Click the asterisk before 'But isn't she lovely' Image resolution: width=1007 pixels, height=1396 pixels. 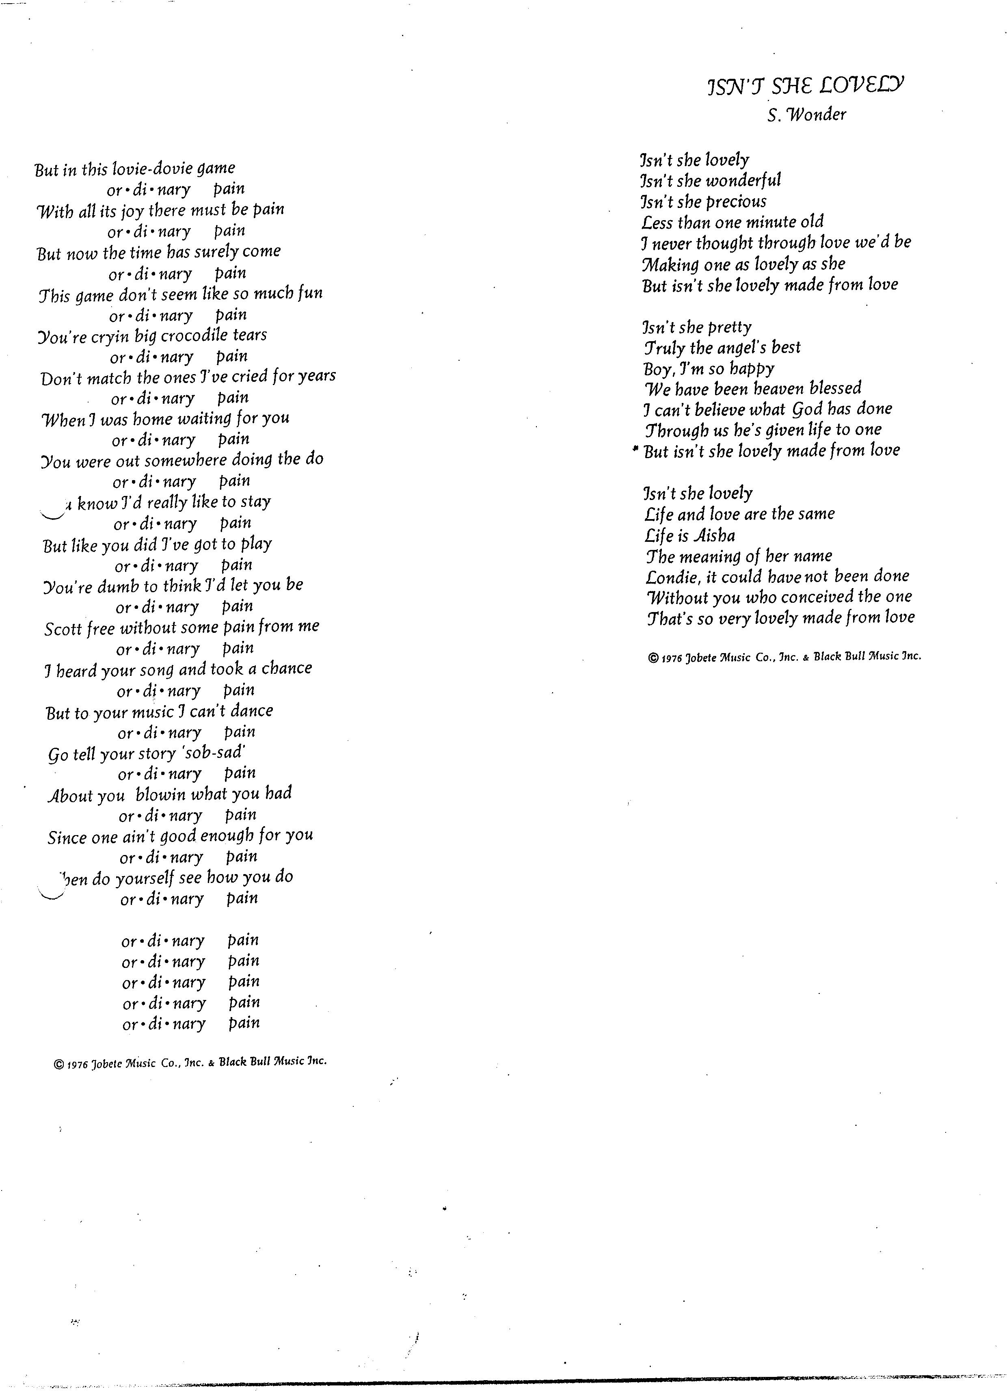point(635,450)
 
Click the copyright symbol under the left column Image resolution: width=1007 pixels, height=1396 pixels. point(59,1064)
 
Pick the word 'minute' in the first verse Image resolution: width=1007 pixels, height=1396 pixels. point(769,222)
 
